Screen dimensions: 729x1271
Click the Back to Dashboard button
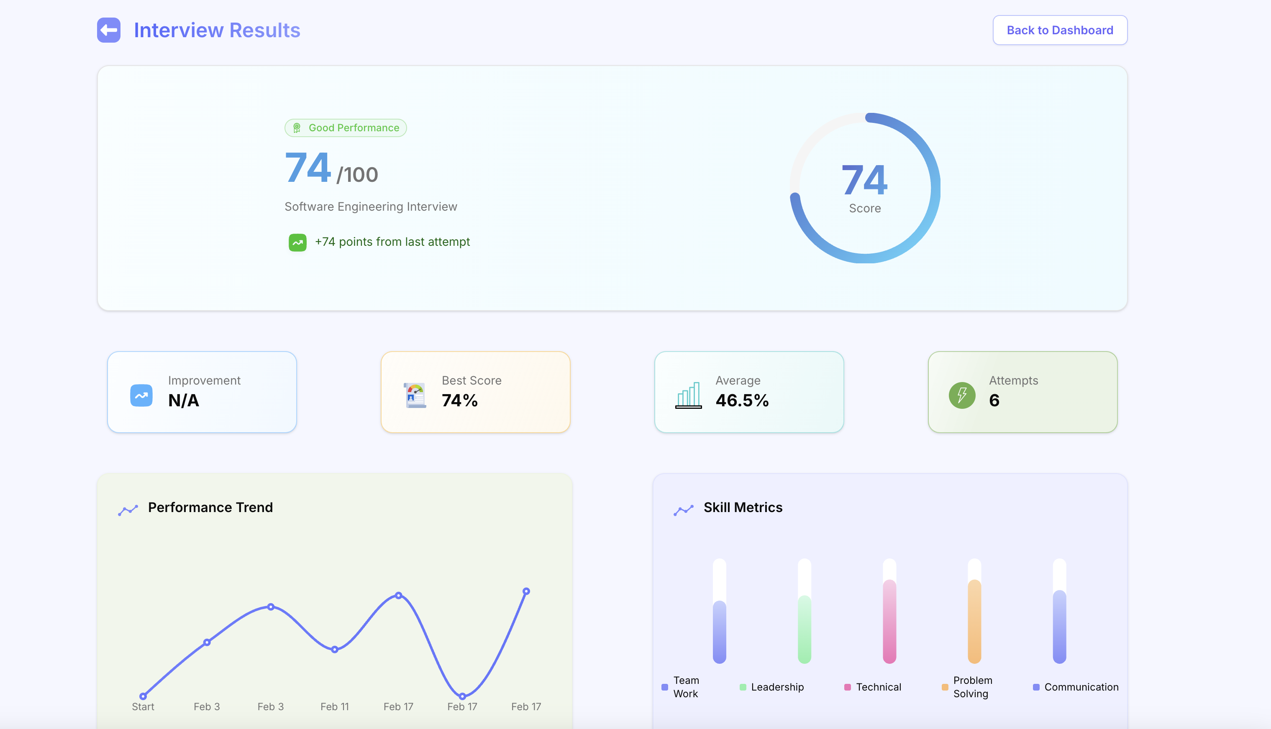(1060, 31)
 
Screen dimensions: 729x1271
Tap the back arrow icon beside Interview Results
(109, 31)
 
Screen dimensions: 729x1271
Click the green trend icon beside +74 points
(297, 243)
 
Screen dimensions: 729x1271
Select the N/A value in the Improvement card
(184, 400)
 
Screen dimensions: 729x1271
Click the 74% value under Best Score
(459, 400)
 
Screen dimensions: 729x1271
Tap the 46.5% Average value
(741, 400)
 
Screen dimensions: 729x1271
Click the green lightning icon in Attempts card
(961, 395)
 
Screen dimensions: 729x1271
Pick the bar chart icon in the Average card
(688, 395)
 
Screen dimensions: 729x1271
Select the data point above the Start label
(143, 696)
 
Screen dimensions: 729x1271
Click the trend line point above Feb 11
(335, 650)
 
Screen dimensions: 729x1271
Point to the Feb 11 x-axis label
(335, 707)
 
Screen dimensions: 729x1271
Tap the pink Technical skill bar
(889, 621)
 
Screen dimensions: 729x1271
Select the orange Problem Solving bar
(974, 621)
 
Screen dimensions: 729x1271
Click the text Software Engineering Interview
(371, 207)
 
